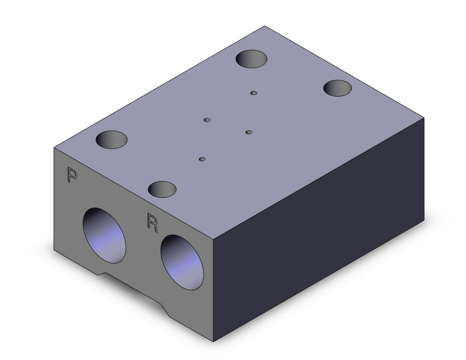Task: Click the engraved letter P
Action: [x=72, y=174]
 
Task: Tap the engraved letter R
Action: [x=152, y=223]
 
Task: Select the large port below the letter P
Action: [x=104, y=236]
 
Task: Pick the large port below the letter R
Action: [x=182, y=262]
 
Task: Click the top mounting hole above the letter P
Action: [x=112, y=139]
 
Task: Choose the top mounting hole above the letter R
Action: [x=162, y=189]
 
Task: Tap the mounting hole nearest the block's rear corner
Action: [x=252, y=59]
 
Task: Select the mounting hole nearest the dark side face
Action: [x=337, y=88]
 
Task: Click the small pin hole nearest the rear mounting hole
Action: [x=254, y=93]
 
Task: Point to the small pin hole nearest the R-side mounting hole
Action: [x=202, y=159]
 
